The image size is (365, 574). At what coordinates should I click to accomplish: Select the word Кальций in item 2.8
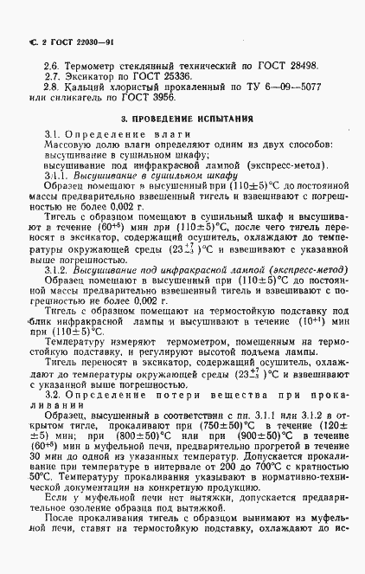pyautogui.click(x=85, y=87)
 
